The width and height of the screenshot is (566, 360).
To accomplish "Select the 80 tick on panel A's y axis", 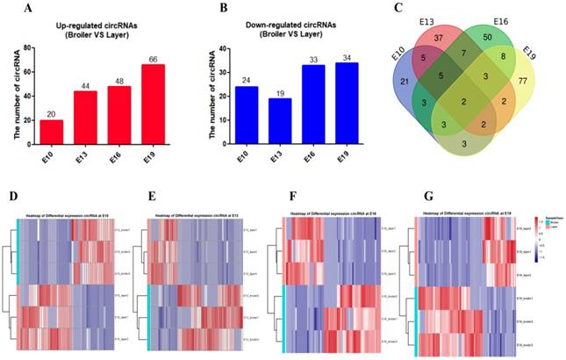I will pos(31,47).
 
